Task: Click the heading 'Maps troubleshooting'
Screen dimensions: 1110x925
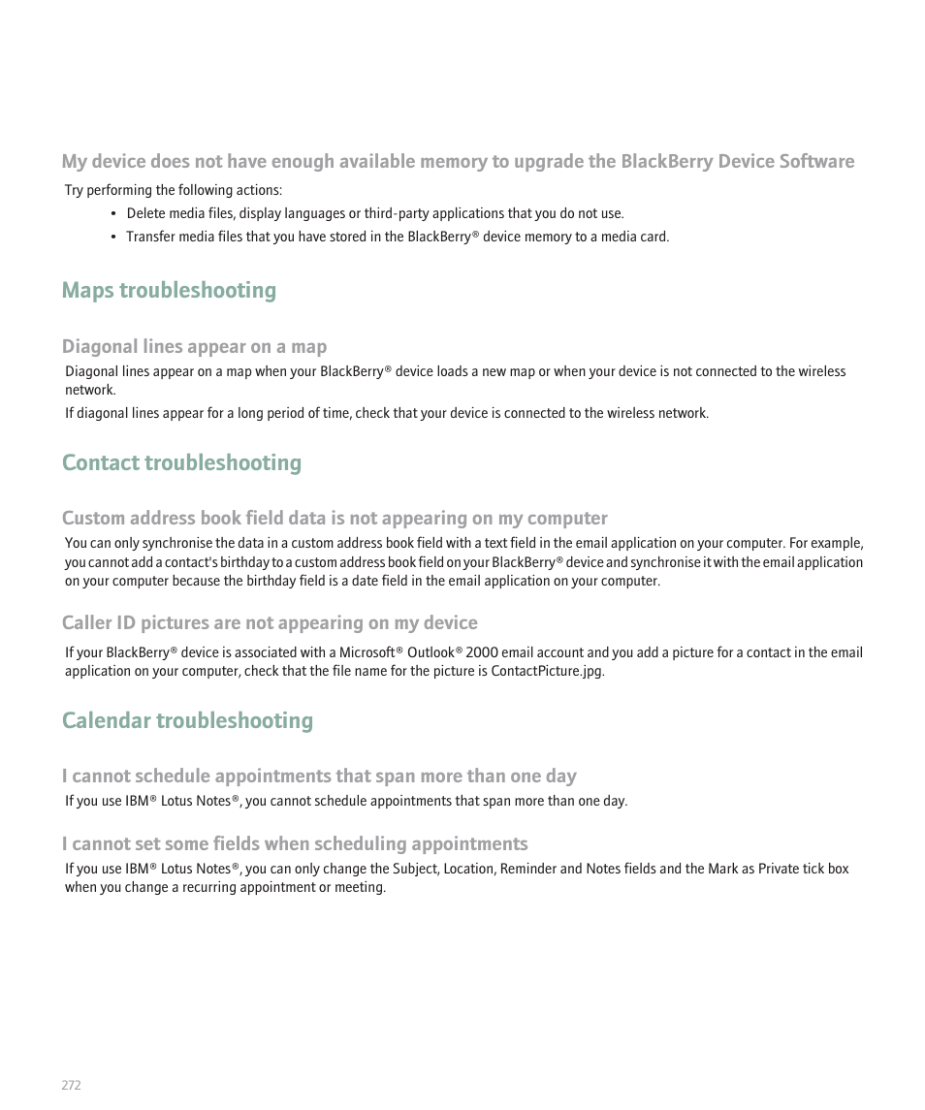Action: [x=169, y=290]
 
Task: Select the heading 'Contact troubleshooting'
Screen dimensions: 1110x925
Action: [x=181, y=462]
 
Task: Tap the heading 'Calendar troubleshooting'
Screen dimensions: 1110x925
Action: [x=187, y=720]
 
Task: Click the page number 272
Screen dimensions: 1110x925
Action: [x=71, y=1085]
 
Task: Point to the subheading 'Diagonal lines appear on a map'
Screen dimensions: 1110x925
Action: [x=194, y=346]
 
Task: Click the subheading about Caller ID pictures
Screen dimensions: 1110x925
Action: [x=270, y=622]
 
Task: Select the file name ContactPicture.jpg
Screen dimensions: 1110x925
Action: [x=546, y=672]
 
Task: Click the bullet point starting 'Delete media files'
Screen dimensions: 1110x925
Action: [x=374, y=213]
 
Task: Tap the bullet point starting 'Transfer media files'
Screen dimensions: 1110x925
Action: [x=397, y=237]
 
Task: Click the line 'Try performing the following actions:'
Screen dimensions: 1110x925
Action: [x=174, y=190]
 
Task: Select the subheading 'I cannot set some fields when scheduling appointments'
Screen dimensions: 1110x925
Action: [x=295, y=843]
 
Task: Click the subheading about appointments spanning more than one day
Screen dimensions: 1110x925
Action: [x=319, y=776]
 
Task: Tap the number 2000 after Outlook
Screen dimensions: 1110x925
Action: [x=481, y=653]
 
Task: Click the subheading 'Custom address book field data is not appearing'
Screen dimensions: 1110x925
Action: [x=335, y=518]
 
